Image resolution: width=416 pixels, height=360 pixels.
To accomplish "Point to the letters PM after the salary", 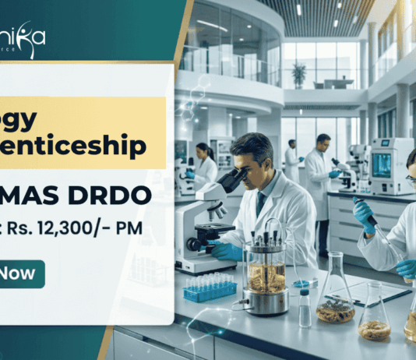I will click(146, 228).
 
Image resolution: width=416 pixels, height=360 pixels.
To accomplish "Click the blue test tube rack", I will click(209, 290).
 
